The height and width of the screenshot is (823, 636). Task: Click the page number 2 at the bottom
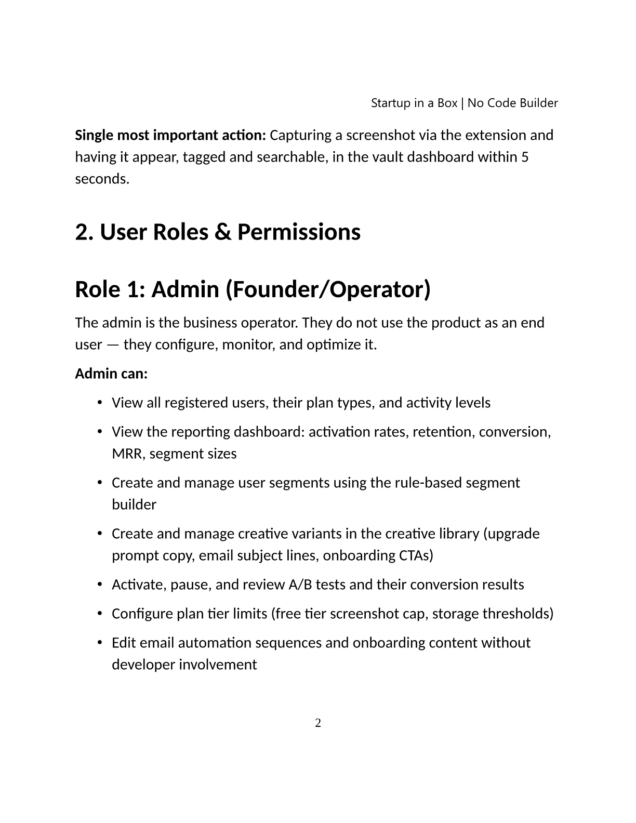pos(318,723)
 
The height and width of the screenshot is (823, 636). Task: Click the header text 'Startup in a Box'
pos(414,103)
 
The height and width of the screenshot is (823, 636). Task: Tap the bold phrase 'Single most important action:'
pos(170,135)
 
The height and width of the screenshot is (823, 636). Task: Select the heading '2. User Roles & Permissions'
pos(218,232)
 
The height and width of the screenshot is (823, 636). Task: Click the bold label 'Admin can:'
pos(111,374)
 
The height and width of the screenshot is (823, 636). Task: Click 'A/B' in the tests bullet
pos(299,585)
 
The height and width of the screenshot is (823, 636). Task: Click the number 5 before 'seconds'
pos(525,157)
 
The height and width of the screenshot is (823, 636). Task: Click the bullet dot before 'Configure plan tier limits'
pos(99,614)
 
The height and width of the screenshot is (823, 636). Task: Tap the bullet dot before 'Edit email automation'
pos(99,643)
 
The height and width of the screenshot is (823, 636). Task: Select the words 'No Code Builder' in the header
pos(512,103)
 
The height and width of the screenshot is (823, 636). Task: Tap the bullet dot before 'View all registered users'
pos(99,403)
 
